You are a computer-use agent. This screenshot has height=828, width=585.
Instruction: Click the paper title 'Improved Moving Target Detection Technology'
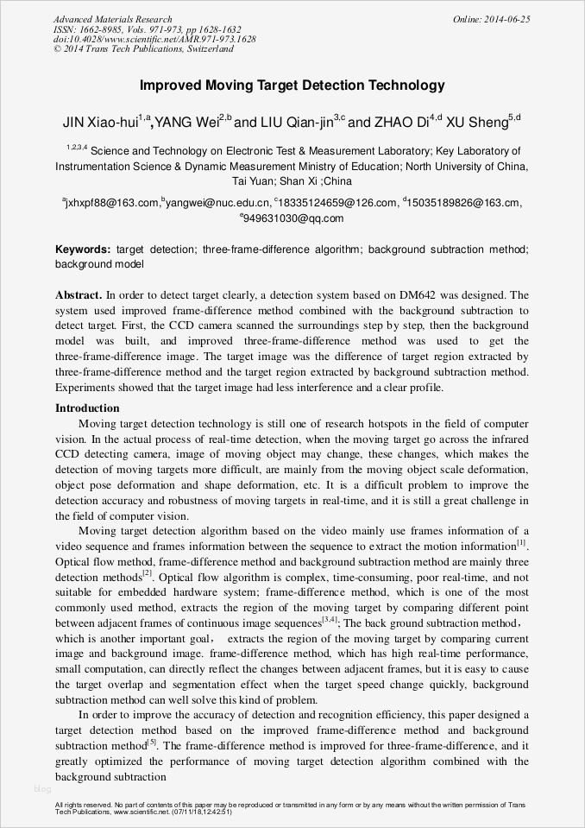coord(292,85)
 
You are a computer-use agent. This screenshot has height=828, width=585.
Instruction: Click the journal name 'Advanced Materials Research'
coord(112,19)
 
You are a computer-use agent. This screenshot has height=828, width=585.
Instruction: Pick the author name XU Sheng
coord(484,123)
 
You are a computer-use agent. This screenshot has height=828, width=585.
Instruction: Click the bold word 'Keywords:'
coord(83,249)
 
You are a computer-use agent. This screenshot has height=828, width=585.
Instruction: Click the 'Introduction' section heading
coord(87,408)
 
